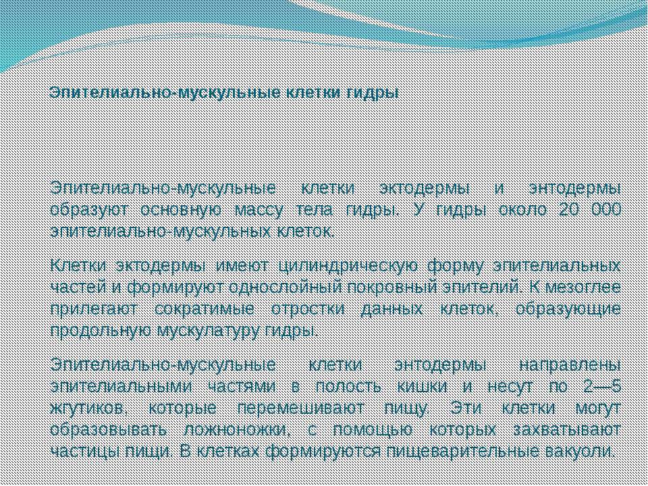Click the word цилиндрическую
348,267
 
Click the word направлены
570,366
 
